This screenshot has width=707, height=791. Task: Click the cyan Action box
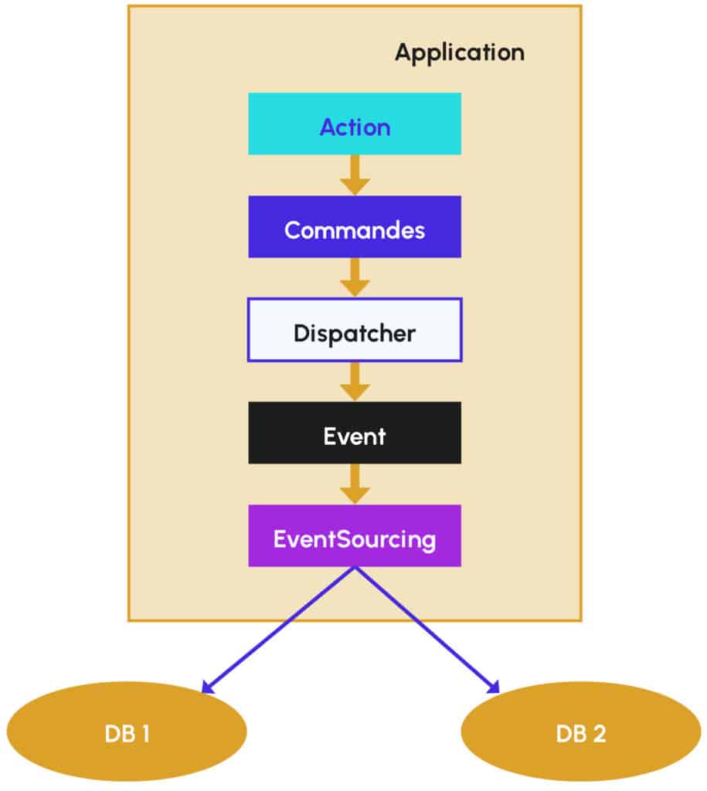[354, 124]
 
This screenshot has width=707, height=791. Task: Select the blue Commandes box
[354, 227]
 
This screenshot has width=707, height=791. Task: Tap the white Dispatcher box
[354, 331]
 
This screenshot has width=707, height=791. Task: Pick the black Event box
[354, 433]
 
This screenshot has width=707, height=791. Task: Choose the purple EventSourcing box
[354, 536]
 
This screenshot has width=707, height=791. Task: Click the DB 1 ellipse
[127, 732]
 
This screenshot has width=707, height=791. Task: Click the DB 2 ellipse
[580, 732]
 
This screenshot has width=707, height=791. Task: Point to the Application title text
[459, 53]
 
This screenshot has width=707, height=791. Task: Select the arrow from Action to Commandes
[355, 175]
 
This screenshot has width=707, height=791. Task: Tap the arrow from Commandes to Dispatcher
[355, 277]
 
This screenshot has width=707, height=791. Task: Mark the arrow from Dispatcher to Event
[355, 381]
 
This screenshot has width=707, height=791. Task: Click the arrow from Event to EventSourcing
[355, 484]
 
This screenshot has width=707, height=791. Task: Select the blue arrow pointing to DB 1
[278, 629]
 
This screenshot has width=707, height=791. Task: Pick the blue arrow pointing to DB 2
[427, 629]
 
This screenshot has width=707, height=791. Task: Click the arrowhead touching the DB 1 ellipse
[208, 685]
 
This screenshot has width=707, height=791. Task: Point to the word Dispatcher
[354, 334]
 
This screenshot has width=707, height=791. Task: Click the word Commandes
[354, 230]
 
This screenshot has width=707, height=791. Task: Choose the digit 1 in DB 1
[144, 734]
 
